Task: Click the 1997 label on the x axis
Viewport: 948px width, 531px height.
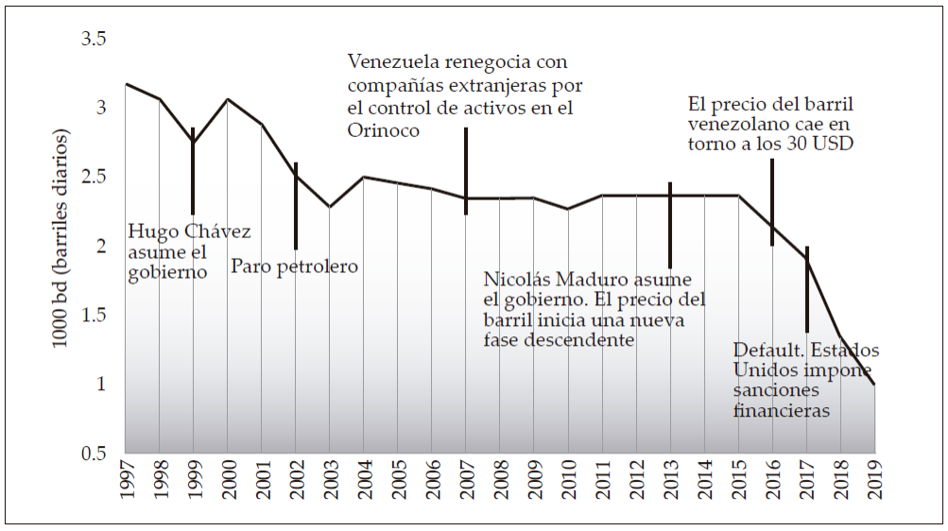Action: (x=126, y=482)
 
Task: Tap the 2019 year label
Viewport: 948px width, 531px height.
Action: (x=874, y=482)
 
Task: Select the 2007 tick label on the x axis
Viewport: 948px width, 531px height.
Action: (x=466, y=482)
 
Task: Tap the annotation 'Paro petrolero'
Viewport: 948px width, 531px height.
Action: (x=295, y=266)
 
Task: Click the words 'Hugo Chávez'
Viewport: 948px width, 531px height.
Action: (x=189, y=231)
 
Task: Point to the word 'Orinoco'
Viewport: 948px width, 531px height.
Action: (x=384, y=129)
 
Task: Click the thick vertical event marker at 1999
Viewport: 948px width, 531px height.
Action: (x=193, y=171)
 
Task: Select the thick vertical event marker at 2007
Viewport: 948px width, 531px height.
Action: (x=466, y=171)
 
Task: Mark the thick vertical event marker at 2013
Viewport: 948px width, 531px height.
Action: (x=670, y=225)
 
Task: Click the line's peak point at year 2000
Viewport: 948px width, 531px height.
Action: (x=228, y=99)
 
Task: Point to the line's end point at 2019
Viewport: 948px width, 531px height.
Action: (x=874, y=384)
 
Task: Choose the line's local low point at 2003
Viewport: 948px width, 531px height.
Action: (x=329, y=206)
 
